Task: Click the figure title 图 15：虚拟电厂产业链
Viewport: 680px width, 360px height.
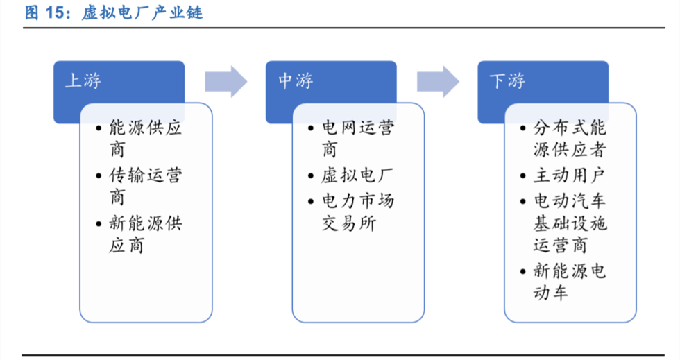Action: click(x=114, y=12)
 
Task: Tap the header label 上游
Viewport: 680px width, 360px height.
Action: click(x=83, y=80)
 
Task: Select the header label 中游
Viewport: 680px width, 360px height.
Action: click(x=296, y=80)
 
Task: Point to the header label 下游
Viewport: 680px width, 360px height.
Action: click(x=507, y=80)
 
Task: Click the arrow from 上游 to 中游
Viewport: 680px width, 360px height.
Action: click(x=226, y=82)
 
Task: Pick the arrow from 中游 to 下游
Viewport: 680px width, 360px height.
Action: click(x=438, y=82)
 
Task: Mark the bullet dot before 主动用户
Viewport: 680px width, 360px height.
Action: click(x=523, y=176)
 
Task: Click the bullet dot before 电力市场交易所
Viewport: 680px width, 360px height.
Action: click(x=311, y=201)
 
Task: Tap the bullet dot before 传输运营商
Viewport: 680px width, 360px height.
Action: click(x=99, y=176)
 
